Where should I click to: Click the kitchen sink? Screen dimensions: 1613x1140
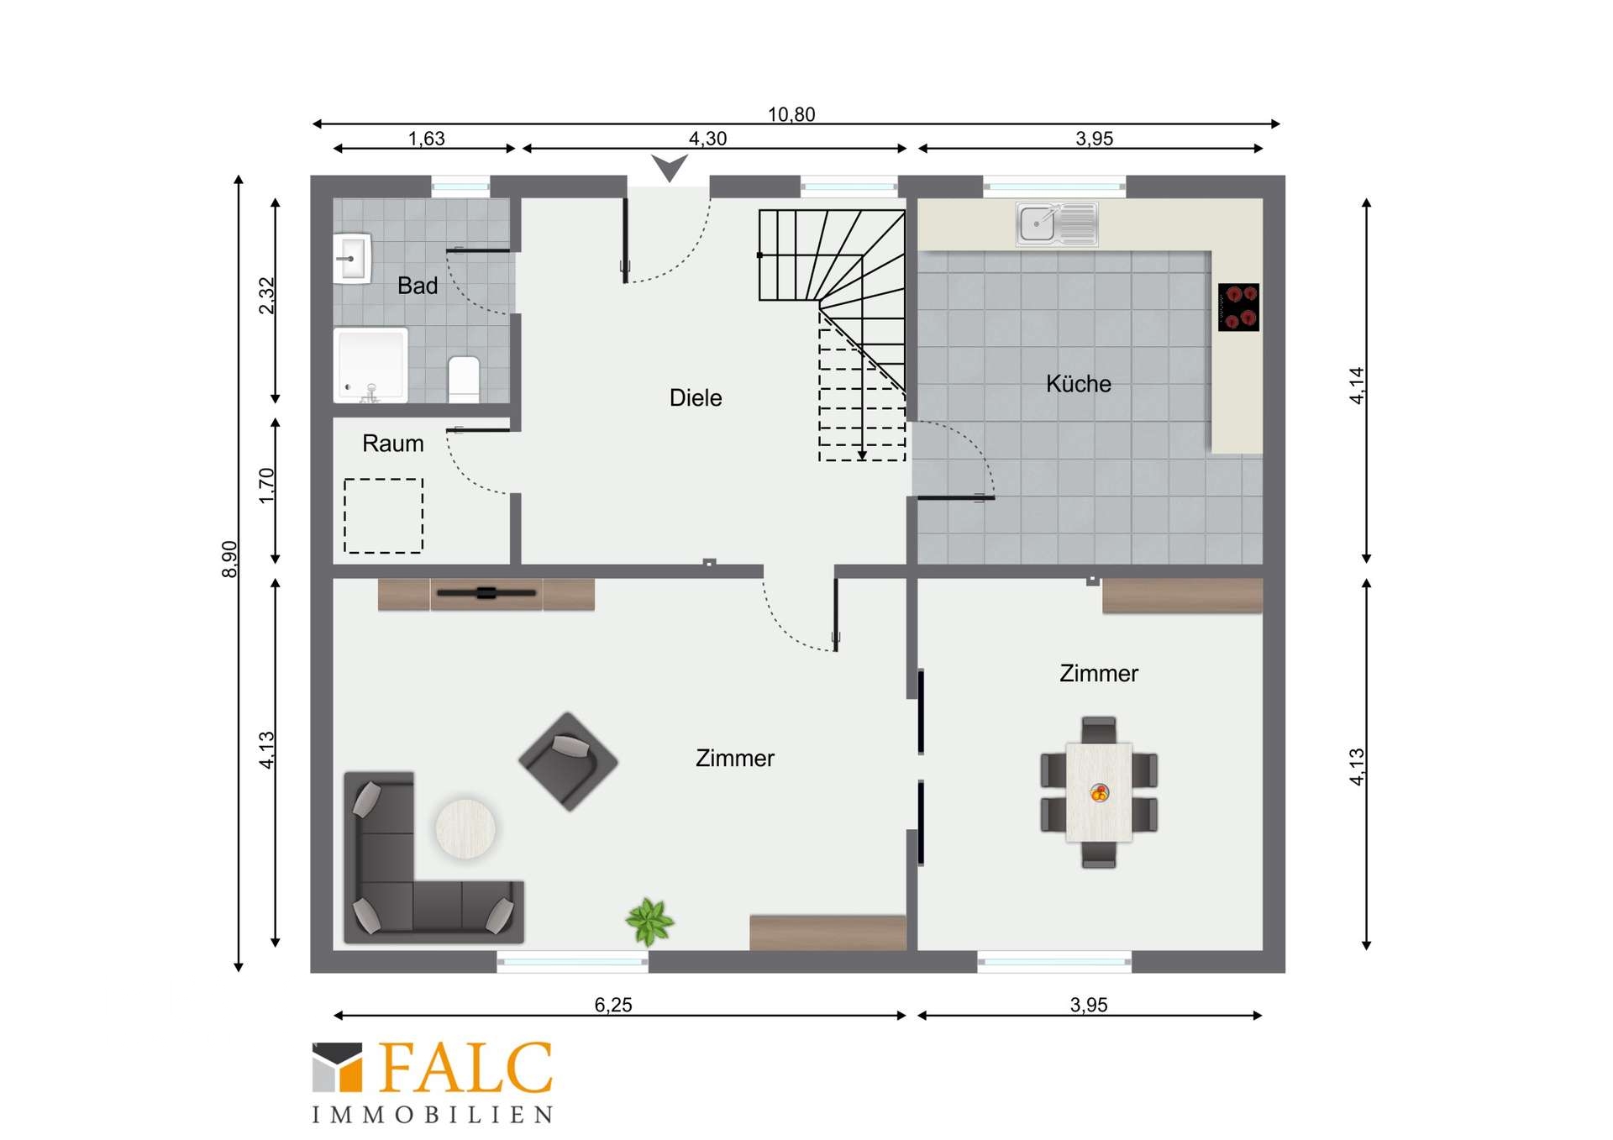pyautogui.click(x=1057, y=224)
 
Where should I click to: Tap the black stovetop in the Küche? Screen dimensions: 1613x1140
pyautogui.click(x=1239, y=307)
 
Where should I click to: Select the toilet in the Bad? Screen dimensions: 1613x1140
pyautogui.click(x=464, y=379)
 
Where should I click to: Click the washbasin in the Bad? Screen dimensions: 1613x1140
pyautogui.click(x=353, y=258)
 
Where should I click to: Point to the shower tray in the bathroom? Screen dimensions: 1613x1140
pyautogui.click(x=370, y=365)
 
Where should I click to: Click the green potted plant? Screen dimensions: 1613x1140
pyautogui.click(x=649, y=921)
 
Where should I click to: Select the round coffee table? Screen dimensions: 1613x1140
pyautogui.click(x=465, y=828)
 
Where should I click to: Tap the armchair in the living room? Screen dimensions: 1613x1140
pyautogui.click(x=569, y=761)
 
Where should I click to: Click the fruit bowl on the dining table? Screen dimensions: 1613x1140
pyautogui.click(x=1099, y=792)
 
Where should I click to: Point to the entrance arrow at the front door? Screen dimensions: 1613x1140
pyautogui.click(x=670, y=167)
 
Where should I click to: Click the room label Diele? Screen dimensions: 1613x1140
pyautogui.click(x=696, y=397)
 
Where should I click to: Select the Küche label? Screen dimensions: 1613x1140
pyautogui.click(x=1079, y=384)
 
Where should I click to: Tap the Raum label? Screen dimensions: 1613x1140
pyautogui.click(x=393, y=444)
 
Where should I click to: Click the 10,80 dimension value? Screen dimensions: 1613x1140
pyautogui.click(x=791, y=114)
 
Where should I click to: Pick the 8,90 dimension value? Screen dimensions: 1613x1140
pyautogui.click(x=229, y=559)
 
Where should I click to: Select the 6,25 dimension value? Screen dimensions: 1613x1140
pyautogui.click(x=613, y=1005)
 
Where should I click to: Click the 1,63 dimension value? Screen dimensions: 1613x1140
pyautogui.click(x=427, y=139)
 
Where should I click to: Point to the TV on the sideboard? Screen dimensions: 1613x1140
pyautogui.click(x=486, y=593)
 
